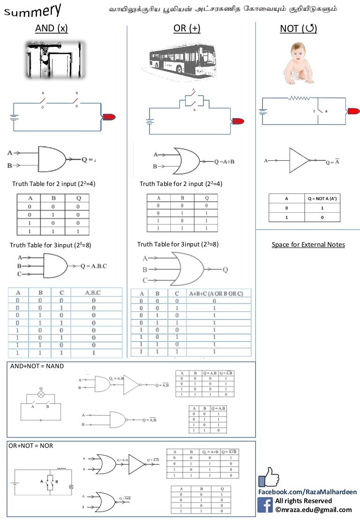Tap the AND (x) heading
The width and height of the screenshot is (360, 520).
click(52, 29)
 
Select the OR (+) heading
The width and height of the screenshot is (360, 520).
click(187, 29)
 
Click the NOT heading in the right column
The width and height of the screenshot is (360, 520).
click(298, 29)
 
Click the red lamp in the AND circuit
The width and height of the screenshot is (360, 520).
click(108, 117)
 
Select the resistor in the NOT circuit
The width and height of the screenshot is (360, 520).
click(300, 98)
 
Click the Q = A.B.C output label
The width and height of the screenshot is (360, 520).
click(94, 266)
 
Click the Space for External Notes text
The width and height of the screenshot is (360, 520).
click(308, 245)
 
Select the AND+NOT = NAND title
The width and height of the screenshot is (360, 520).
click(37, 366)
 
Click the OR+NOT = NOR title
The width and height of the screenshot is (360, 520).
click(31, 446)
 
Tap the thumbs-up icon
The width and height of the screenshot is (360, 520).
click(269, 477)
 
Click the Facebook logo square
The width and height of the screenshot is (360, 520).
click(265, 505)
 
